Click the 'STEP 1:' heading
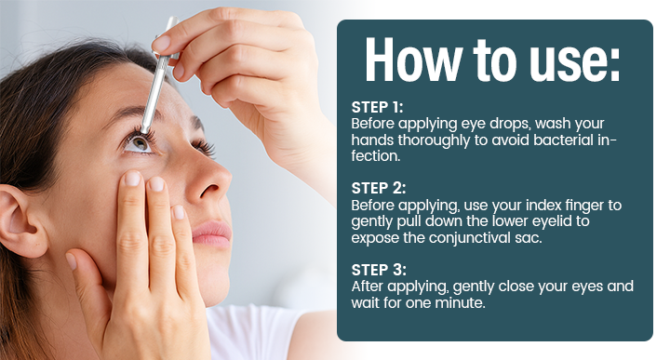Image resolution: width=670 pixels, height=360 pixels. pyautogui.click(x=377, y=107)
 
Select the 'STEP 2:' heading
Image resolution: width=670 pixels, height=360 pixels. pyautogui.click(x=379, y=188)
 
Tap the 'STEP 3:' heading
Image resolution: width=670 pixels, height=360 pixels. pyautogui.click(x=379, y=270)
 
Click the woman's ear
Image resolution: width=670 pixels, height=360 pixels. pyautogui.click(x=21, y=219)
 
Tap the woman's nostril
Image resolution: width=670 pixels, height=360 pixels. pyautogui.click(x=208, y=189)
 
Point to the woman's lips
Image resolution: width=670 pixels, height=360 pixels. pyautogui.click(x=212, y=234)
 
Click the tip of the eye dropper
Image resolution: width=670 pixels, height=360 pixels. pyautogui.click(x=144, y=130)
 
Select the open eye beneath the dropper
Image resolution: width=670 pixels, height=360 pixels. pyautogui.click(x=139, y=141)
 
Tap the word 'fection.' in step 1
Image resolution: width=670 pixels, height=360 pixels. pyautogui.click(x=376, y=156)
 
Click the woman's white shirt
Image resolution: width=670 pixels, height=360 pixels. pyautogui.click(x=257, y=333)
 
